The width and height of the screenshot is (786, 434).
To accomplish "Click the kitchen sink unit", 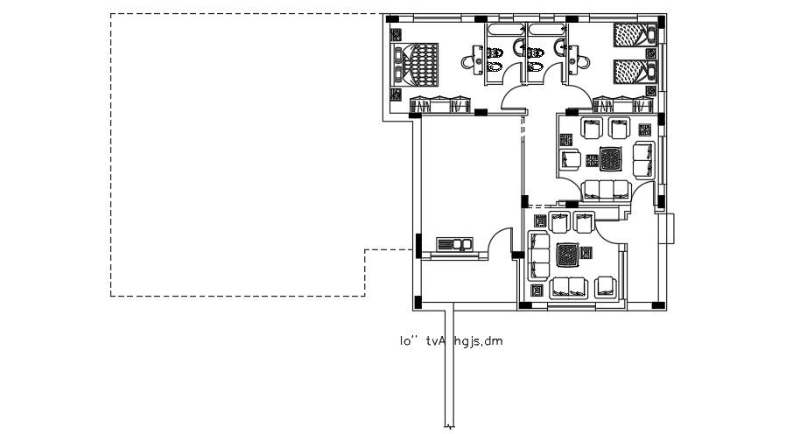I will (453, 243).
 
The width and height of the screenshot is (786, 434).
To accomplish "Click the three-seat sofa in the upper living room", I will (604, 188).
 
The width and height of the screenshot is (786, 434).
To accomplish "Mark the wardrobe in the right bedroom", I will (623, 104).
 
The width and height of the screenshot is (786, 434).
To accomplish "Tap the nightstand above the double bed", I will (397, 36).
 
